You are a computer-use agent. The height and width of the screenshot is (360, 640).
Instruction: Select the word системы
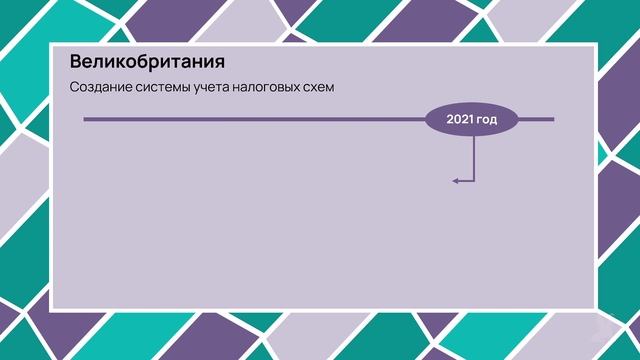pos(160,88)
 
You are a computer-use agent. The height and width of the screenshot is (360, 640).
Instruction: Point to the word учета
pos(214,88)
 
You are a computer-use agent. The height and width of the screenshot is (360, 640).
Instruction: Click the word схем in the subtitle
pos(318,88)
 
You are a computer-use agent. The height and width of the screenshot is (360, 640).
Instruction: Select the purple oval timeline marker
pos(472,120)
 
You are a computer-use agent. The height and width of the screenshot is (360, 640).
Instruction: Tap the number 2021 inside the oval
pos(460,120)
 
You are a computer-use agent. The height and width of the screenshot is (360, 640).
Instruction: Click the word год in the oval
pos(487,120)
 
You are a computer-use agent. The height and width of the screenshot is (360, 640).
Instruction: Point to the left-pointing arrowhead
pos(455,181)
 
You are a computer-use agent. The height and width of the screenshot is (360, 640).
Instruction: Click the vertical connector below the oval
pos(473,160)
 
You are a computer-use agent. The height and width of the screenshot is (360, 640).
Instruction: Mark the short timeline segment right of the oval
pos(536,120)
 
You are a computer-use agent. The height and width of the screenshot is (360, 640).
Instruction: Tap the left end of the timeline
pos(85,120)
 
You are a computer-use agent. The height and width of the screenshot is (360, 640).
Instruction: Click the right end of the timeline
pos(553,120)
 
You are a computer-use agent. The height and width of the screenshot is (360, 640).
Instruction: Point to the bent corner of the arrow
pos(473,181)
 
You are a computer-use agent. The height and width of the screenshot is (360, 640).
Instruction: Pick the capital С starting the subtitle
pos(74,88)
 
